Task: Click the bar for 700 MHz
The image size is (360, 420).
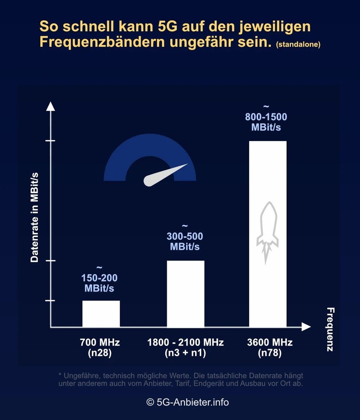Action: click(x=101, y=313)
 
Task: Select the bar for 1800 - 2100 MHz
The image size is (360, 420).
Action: click(x=185, y=294)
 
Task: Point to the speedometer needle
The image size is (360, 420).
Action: click(x=165, y=174)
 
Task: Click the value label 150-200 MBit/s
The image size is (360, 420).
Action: click(x=99, y=283)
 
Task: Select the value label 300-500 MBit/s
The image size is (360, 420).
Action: click(x=185, y=241)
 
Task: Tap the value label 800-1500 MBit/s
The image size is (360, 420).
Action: click(x=266, y=122)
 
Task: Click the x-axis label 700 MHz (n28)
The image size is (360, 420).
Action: click(x=100, y=348)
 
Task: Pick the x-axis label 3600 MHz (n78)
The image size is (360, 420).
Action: click(x=270, y=348)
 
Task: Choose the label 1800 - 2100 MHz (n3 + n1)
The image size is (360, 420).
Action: click(x=185, y=348)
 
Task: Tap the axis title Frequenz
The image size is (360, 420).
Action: click(x=330, y=329)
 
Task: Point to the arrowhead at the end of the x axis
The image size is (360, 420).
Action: click(x=306, y=327)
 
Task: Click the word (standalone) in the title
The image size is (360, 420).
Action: click(x=298, y=45)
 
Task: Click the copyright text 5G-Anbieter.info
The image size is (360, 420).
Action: click(x=187, y=402)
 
